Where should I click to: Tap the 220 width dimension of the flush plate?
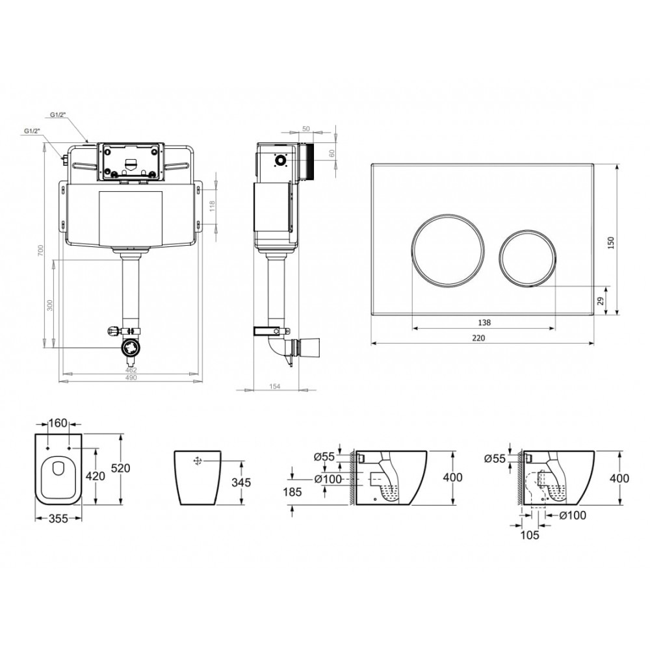click(x=478, y=338)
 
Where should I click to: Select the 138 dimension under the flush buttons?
click(x=484, y=322)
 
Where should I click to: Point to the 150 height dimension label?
click(x=610, y=242)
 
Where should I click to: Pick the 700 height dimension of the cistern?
click(x=40, y=250)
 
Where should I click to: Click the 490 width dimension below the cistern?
click(x=131, y=378)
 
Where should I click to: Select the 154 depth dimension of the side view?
click(x=274, y=386)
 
